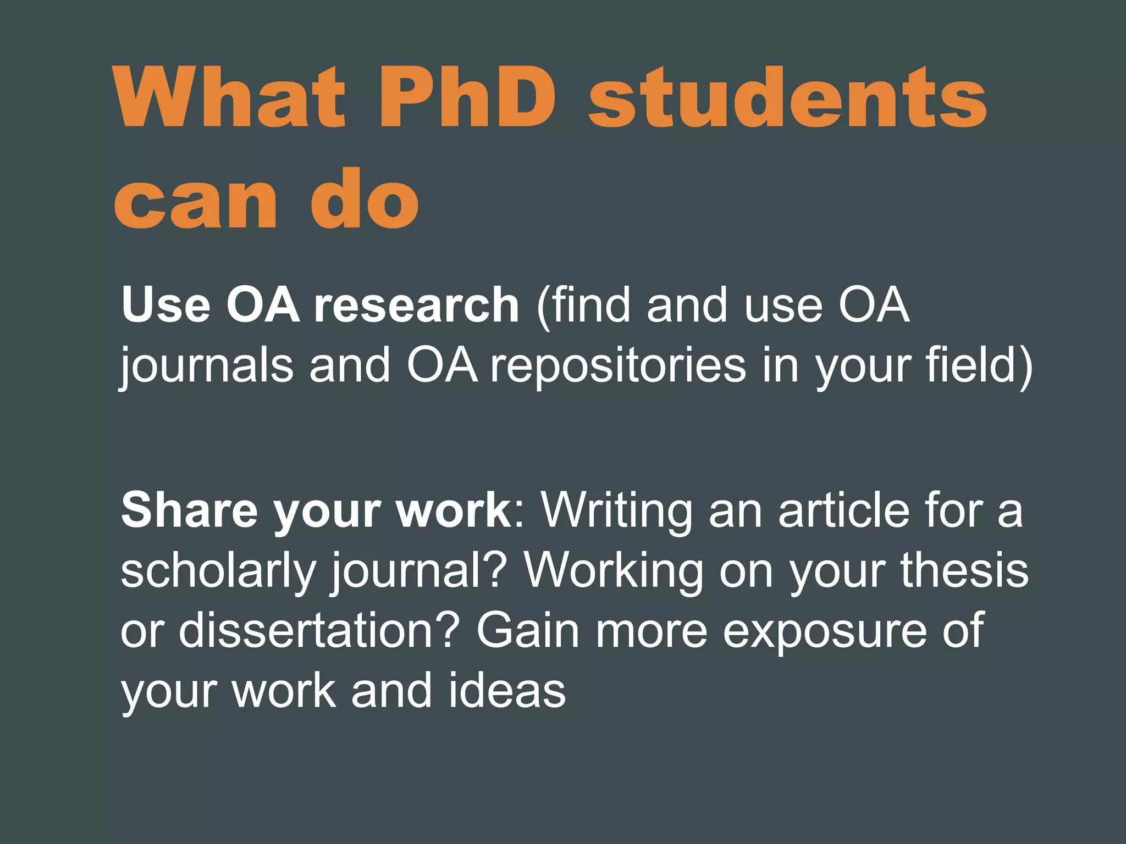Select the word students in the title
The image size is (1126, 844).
click(787, 98)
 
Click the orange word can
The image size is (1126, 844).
click(196, 202)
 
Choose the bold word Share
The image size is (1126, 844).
click(190, 510)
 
